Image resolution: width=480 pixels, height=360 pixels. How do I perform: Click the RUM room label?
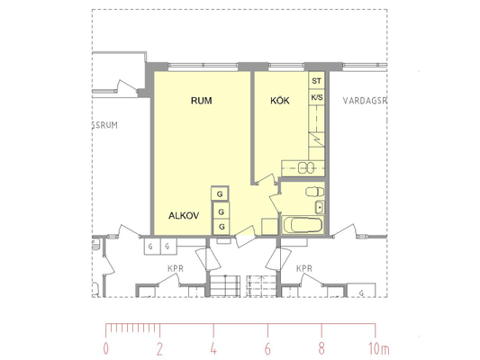201,101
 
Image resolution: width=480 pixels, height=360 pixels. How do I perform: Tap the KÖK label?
280,100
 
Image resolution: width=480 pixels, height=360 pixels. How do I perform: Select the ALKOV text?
184,216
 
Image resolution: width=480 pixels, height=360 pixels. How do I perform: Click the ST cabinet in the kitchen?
316,81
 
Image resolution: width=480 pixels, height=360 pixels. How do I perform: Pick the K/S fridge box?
316,97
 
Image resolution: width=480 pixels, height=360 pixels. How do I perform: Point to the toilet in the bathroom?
314,192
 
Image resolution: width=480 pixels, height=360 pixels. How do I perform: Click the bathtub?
303,225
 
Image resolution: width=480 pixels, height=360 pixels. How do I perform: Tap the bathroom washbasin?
320,207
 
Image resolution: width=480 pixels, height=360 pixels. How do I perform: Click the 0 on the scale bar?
106,348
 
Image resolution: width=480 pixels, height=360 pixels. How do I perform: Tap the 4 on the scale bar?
213,348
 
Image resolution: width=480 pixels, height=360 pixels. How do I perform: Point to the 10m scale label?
378,348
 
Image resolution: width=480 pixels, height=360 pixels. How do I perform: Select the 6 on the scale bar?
267,348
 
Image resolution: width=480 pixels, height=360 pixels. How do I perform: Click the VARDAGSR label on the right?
365,101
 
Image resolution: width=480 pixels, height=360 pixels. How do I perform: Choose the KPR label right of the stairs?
304,268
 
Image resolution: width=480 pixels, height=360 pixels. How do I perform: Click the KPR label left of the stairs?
176,268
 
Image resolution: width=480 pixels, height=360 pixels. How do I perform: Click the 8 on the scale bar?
322,348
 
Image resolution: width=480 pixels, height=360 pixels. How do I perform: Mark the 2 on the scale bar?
159,348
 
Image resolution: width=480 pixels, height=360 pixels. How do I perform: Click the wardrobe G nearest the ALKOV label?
222,211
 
